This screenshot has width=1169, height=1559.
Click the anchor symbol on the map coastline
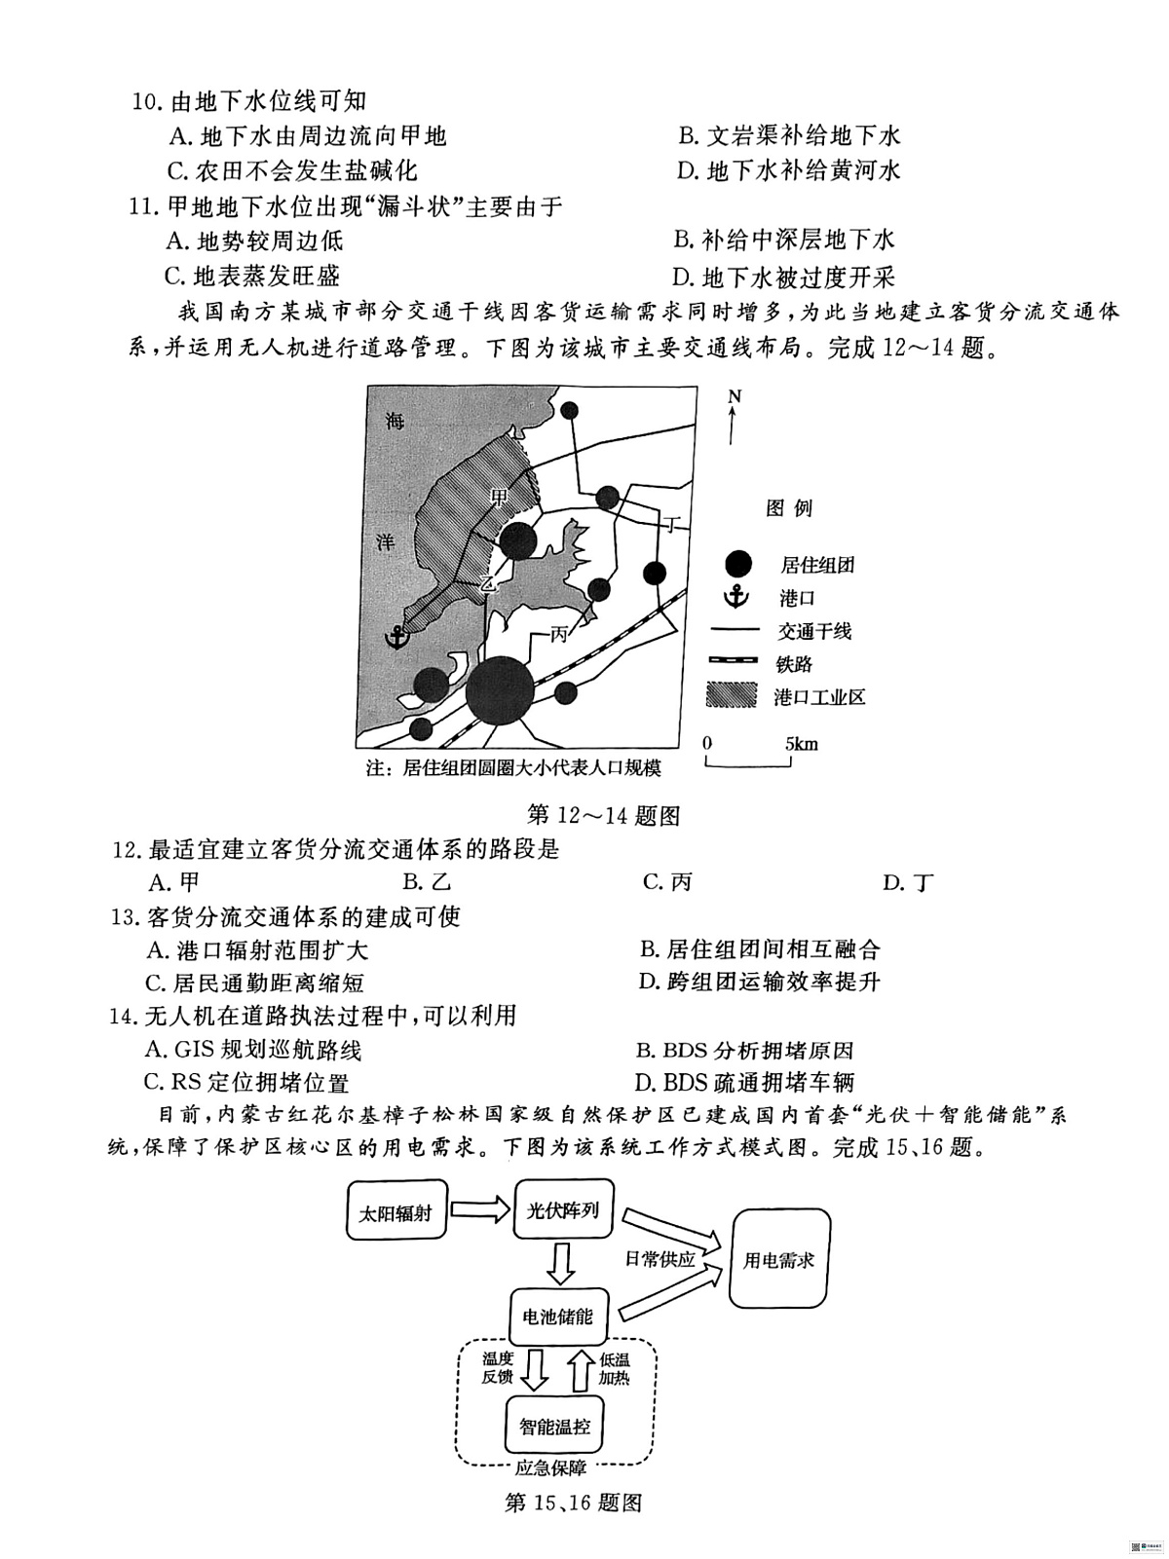pos(396,637)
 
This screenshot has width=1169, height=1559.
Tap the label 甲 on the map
pos(501,496)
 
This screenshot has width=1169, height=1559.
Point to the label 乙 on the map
pos(486,584)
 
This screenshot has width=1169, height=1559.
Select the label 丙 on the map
pos(560,634)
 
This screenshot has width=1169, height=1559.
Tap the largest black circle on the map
pos(500,691)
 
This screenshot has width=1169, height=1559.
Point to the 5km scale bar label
pos(801,744)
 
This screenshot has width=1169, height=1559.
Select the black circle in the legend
pos(737,563)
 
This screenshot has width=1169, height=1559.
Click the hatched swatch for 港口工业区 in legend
pos(731,695)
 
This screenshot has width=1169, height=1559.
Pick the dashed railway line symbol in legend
pos(732,661)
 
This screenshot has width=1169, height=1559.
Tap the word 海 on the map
pos(395,421)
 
